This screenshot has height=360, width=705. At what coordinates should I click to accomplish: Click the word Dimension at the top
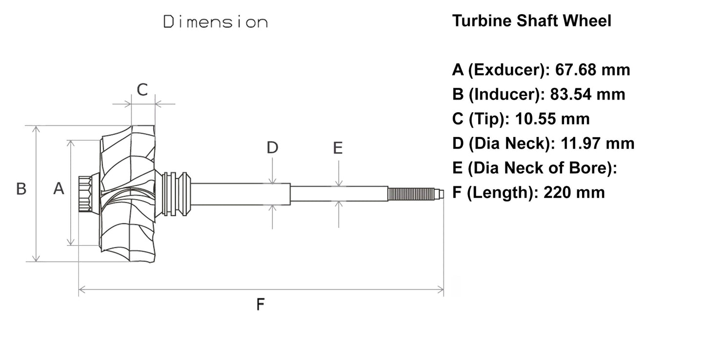tap(215, 22)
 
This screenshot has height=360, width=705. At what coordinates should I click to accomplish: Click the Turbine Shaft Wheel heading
tap(531, 21)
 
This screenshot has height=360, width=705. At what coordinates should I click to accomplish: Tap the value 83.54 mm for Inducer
tap(587, 94)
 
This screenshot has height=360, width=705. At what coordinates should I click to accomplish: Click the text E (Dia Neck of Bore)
tap(535, 168)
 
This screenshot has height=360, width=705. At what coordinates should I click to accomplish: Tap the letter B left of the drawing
tap(21, 189)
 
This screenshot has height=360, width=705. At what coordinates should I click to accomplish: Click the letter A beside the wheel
tap(59, 188)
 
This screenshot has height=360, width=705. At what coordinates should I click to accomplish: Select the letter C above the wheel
tap(142, 90)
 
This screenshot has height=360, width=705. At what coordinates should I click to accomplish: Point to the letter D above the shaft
tap(272, 147)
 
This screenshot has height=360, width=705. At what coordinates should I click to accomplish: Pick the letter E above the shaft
tap(338, 148)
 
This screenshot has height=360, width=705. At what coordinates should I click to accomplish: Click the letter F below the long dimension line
tap(261, 305)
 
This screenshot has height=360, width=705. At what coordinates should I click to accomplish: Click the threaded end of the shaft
tap(413, 194)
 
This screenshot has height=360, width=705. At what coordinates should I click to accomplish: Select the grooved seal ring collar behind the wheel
tap(175, 193)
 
